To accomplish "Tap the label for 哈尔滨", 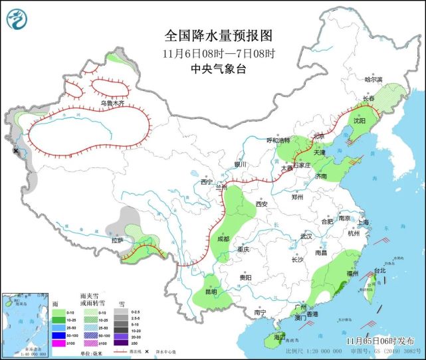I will pyautogui.click(x=375, y=79).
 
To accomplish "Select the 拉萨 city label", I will pyautogui.click(x=117, y=240).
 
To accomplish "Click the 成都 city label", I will pyautogui.click(x=222, y=239).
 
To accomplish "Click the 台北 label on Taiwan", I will pyautogui.click(x=379, y=270).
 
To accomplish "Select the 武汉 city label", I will pyautogui.click(x=306, y=236).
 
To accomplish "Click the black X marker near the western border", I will pyautogui.click(x=16, y=151).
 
